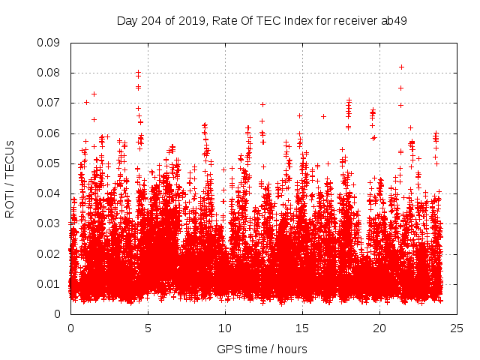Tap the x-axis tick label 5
tap(148, 328)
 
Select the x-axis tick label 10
tap(225, 328)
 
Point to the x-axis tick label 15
tap(302, 328)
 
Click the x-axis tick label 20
tap(379, 328)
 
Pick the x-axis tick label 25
tap(457, 328)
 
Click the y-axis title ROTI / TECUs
tap(10, 178)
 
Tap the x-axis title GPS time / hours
tap(262, 349)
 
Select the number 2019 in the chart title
tap(193, 20)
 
